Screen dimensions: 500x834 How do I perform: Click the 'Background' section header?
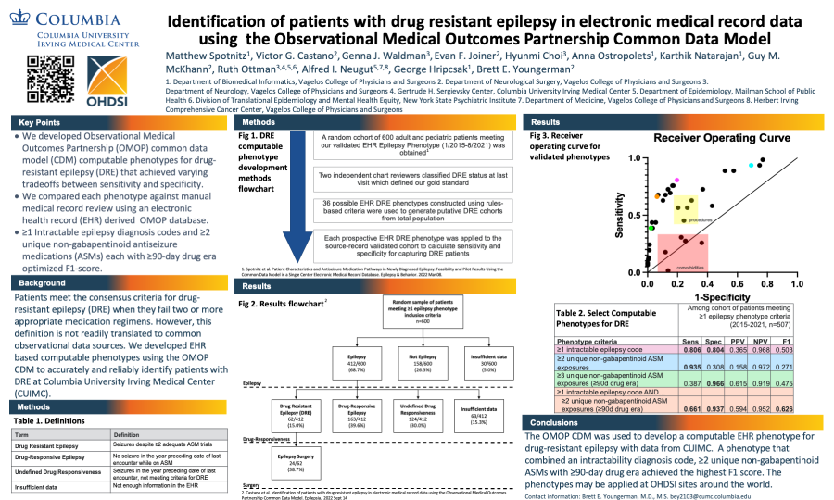[43, 282]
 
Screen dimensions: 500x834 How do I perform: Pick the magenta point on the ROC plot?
[677, 180]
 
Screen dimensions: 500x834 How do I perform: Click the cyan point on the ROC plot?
[752, 165]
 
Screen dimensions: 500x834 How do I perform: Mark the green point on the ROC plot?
[652, 228]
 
